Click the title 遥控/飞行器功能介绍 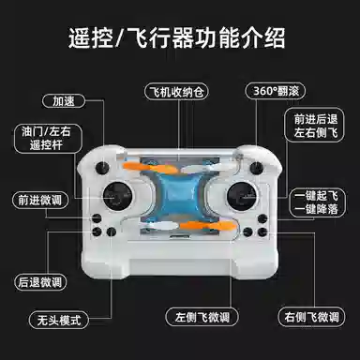click(177, 38)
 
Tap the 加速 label click(64, 101)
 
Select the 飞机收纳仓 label click(176, 92)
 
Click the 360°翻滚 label click(276, 91)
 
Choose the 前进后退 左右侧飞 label click(315, 126)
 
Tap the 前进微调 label click(39, 200)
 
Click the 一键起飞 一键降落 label click(317, 202)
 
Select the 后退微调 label click(40, 282)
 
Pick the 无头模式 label click(59, 321)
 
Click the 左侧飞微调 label click(202, 317)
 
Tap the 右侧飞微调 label click(311, 317)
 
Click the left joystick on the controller click(117, 196)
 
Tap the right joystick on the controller click(242, 196)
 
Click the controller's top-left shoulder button click(102, 168)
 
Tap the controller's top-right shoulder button click(256, 168)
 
